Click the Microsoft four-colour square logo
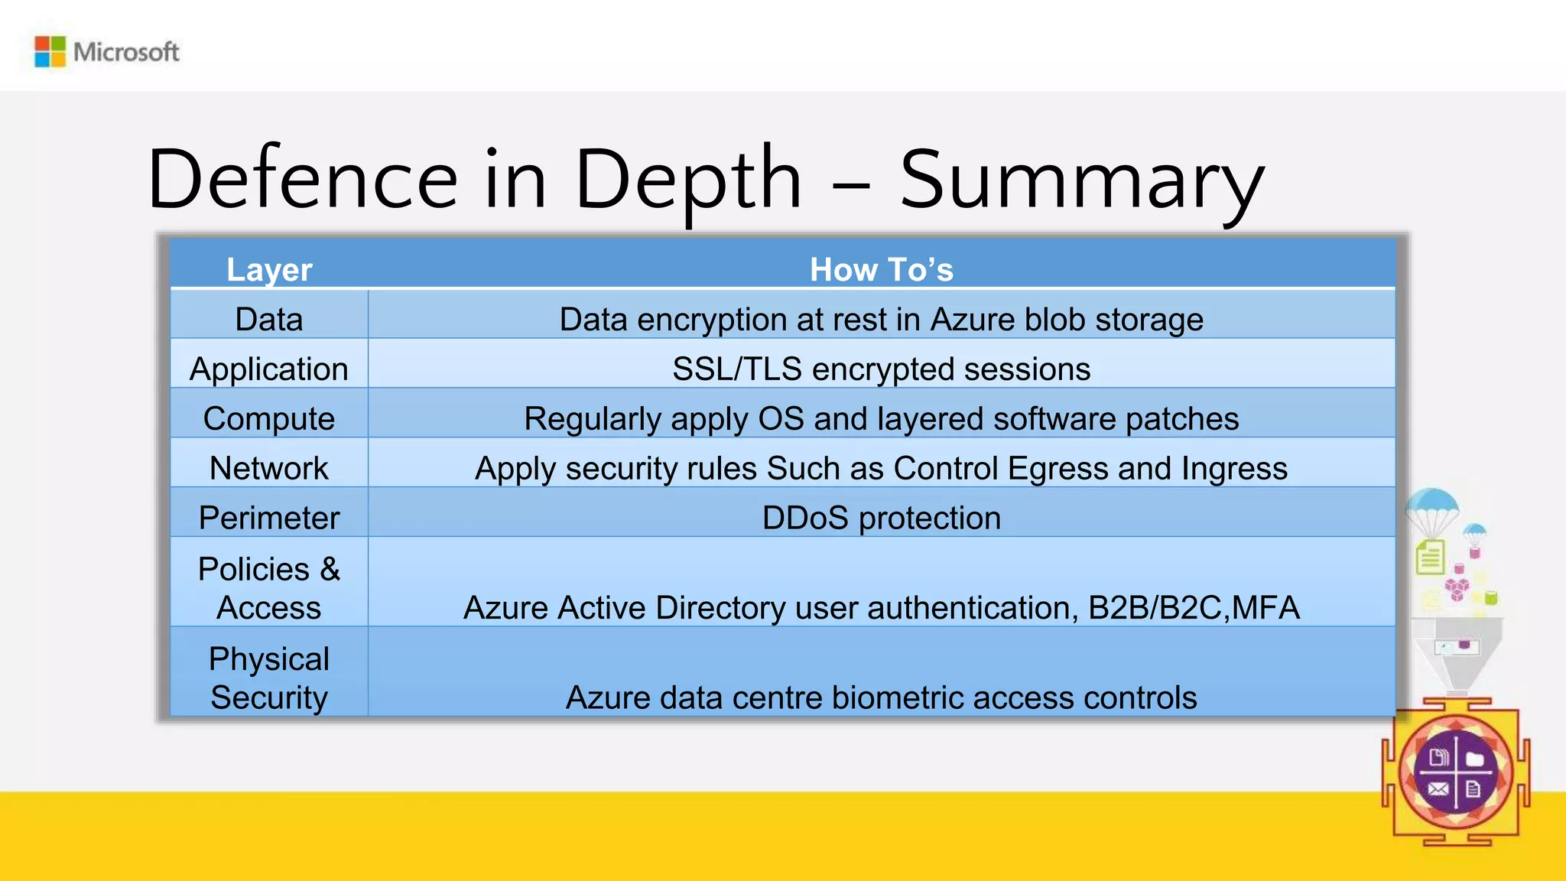(x=50, y=52)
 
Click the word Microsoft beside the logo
(x=126, y=52)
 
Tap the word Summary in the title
(x=1081, y=179)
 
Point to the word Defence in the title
(x=303, y=179)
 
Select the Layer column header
(x=269, y=270)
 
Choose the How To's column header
(x=882, y=270)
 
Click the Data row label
(x=269, y=319)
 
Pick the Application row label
(x=269, y=369)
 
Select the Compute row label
(x=269, y=419)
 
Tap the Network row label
(x=269, y=468)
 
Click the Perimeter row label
(x=269, y=518)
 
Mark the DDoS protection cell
(x=882, y=518)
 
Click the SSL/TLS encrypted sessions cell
(x=882, y=369)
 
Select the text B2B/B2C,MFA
(x=1194, y=608)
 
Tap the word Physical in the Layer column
(x=269, y=659)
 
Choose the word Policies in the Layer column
(x=254, y=569)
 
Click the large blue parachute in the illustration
(x=1432, y=505)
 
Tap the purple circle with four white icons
(x=1456, y=772)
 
